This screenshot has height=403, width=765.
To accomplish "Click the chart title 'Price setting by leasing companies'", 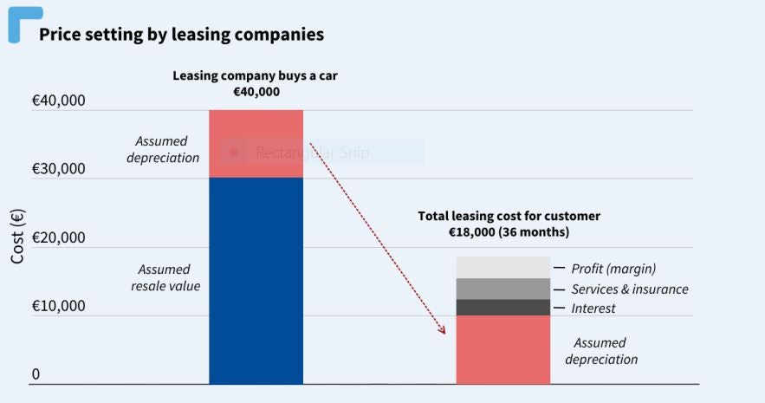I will pos(181,35).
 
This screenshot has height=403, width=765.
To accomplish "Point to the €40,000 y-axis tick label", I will pos(58,101).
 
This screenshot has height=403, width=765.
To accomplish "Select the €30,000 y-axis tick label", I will pos(58,168).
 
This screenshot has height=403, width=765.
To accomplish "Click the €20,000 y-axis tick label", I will pos(58,237).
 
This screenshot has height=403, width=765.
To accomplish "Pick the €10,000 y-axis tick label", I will pos(58,306).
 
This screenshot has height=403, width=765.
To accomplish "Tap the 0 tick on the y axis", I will pos(36,374).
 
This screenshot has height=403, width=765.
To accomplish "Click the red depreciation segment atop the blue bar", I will pos(256,144).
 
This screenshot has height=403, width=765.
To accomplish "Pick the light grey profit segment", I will pos(502,268).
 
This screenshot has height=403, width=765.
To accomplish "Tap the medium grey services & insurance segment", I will pos(502,289).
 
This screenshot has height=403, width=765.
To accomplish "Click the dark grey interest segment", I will pos(502,308).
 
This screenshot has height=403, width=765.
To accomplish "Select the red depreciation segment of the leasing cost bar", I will pos(502,349).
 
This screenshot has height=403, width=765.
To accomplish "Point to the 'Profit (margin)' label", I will pos(613,269).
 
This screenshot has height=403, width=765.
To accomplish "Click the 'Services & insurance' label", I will pos(630,289).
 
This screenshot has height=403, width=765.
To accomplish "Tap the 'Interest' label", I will pos(593,309).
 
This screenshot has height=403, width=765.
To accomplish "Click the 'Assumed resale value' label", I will pos(165,277).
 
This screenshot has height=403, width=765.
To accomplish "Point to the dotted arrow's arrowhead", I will pos(443,330).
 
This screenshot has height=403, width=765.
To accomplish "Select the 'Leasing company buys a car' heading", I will pos(255,75).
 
